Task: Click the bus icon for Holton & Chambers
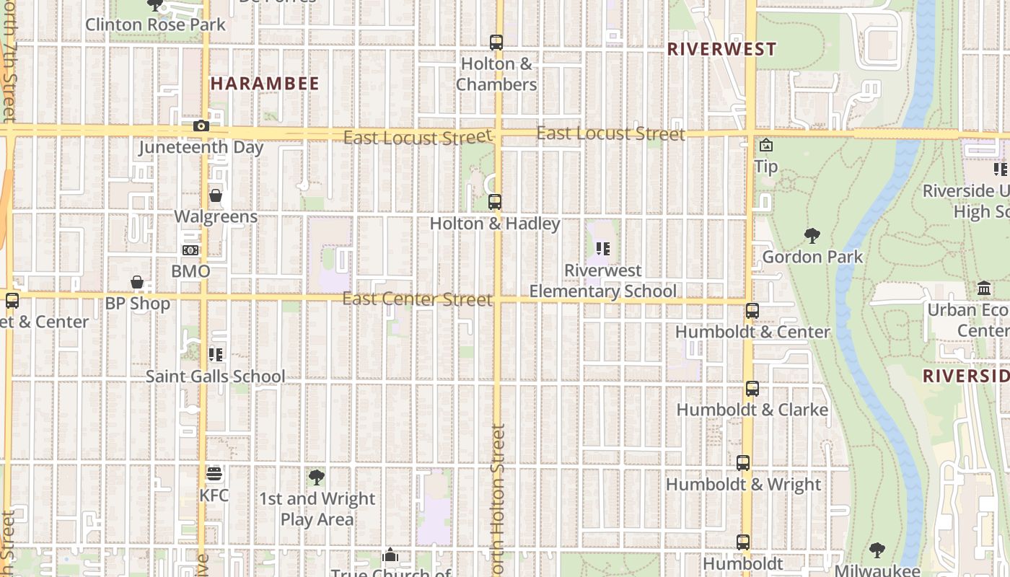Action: point(496,43)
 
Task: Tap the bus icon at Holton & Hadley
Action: point(494,202)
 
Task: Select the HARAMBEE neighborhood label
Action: point(265,84)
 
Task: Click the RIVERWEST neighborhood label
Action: point(721,49)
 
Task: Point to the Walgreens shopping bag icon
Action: point(215,195)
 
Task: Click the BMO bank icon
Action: point(190,250)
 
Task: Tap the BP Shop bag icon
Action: point(137,282)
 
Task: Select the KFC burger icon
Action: point(214,474)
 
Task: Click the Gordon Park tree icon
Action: point(812,235)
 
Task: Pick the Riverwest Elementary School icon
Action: point(603,249)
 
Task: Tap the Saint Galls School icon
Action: point(215,354)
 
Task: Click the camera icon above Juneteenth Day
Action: point(201,126)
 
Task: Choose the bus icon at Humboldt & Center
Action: point(752,311)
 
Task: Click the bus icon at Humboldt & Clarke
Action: point(752,389)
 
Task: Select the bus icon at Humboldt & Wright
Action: point(742,463)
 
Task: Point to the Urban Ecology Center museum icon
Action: point(984,288)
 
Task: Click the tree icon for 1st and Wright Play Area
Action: point(316,477)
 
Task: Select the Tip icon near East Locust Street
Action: point(765,146)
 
